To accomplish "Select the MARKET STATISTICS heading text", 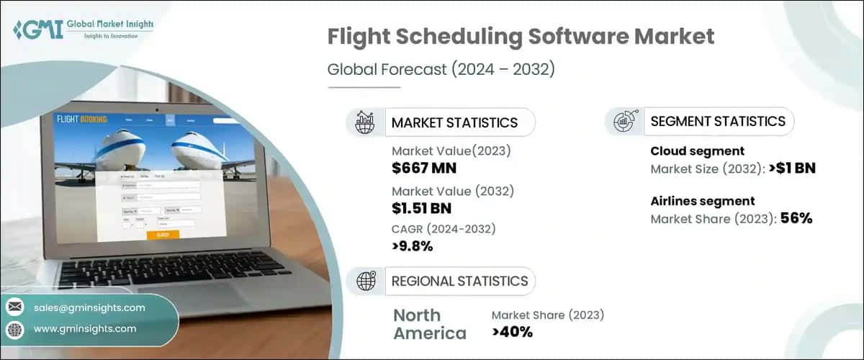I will [454, 122].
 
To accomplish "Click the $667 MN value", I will [424, 169].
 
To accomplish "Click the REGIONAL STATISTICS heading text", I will [459, 281].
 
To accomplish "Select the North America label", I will [430, 324].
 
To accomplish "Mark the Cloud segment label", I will [697, 151].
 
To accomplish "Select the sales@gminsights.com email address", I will [89, 307].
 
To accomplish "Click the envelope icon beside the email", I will [14, 307].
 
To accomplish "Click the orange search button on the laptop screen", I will [163, 235].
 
